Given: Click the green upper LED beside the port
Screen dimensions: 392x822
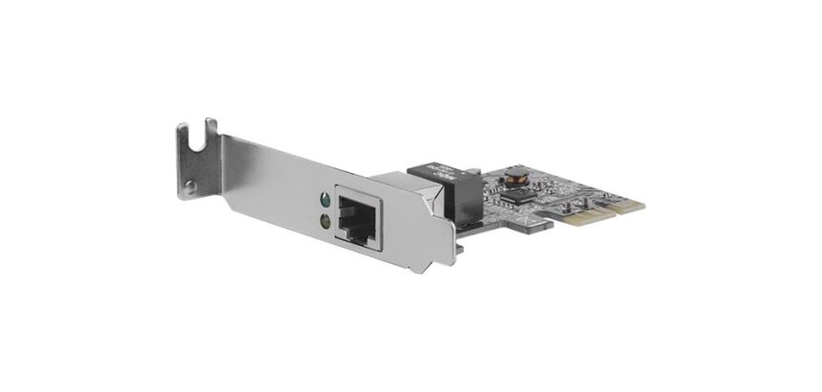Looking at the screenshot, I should (326, 202).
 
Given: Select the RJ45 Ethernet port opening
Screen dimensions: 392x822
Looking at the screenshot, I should (355, 223).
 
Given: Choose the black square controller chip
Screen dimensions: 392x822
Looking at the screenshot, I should (521, 196).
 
